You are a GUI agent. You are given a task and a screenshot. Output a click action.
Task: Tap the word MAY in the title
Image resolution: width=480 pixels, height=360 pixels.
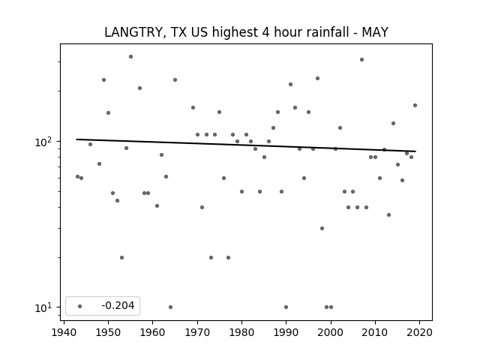click(375, 32)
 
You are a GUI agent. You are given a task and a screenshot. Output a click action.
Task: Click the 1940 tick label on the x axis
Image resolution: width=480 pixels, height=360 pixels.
click(64, 332)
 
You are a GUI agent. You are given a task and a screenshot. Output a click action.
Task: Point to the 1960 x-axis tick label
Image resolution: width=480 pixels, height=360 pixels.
click(152, 332)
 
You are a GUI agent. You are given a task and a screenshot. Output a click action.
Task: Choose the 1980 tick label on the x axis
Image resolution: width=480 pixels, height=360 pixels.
click(241, 332)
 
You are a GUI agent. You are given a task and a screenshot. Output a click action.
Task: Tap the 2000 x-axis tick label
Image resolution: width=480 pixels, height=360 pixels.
click(331, 332)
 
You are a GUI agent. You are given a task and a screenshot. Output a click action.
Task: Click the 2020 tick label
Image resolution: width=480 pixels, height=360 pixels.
click(419, 332)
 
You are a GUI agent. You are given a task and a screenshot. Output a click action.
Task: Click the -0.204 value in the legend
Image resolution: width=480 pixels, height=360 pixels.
click(118, 305)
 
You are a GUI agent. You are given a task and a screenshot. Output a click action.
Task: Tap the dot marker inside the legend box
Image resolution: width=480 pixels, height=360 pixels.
click(80, 306)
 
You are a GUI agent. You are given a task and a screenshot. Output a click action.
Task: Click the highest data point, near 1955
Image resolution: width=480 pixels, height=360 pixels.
click(130, 57)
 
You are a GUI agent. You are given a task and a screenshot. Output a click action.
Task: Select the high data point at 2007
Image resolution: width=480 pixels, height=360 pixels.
click(361, 60)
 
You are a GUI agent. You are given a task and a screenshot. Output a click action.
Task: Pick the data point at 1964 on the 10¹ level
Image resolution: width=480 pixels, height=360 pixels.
click(170, 307)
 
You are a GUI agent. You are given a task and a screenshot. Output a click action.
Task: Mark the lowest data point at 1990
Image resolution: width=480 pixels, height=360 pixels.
click(286, 307)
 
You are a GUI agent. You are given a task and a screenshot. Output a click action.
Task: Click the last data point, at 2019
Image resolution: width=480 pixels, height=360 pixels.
click(415, 105)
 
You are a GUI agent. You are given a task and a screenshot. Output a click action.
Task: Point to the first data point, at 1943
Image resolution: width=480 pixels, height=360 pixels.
click(77, 177)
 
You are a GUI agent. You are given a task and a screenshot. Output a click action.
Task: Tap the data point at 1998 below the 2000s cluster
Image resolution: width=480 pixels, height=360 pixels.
click(322, 228)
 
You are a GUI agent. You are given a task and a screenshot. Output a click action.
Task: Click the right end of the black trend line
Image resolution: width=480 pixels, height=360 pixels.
click(415, 151)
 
